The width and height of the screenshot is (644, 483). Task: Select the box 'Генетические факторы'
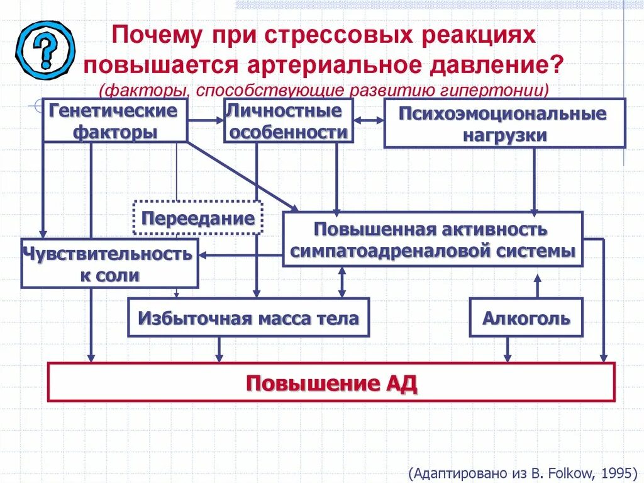click(115, 121)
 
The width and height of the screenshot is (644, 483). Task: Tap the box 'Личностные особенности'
click(288, 122)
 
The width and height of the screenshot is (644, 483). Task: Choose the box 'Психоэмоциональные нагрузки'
click(504, 123)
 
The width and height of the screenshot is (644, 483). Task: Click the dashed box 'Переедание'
click(198, 218)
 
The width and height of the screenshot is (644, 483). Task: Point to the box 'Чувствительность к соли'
click(109, 264)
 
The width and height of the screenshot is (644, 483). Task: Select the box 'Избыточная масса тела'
click(248, 318)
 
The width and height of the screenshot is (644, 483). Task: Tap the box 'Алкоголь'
click(526, 318)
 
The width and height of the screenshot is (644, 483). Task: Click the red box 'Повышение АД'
click(331, 382)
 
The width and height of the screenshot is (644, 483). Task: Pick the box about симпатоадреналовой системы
click(433, 239)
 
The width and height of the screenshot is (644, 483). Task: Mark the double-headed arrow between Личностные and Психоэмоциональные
click(368, 120)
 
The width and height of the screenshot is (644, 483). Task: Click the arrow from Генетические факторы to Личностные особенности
click(206, 120)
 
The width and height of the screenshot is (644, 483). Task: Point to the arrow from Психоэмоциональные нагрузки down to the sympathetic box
click(535, 179)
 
